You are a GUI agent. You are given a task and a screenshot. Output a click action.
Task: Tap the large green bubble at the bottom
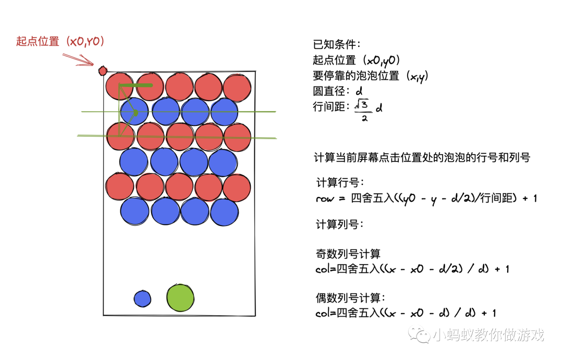tap(180, 298)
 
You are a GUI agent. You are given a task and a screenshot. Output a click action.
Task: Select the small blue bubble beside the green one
tap(142, 299)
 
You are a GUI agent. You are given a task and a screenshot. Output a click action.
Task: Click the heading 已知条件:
tap(336, 45)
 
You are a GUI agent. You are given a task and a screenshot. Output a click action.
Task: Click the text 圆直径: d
tap(338, 91)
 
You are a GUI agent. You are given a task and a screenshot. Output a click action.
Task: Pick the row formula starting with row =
tap(426, 198)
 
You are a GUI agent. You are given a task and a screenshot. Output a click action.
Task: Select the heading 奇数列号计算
tap(348, 254)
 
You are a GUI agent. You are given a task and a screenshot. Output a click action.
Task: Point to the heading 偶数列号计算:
tap(351, 298)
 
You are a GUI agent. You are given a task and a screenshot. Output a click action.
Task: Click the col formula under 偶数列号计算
tap(406, 313)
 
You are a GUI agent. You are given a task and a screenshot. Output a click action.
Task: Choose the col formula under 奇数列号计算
tap(412, 269)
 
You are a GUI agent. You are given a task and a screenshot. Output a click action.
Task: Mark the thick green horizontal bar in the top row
tap(136, 85)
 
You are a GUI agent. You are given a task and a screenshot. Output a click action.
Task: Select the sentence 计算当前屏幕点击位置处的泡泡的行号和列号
tap(422, 157)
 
